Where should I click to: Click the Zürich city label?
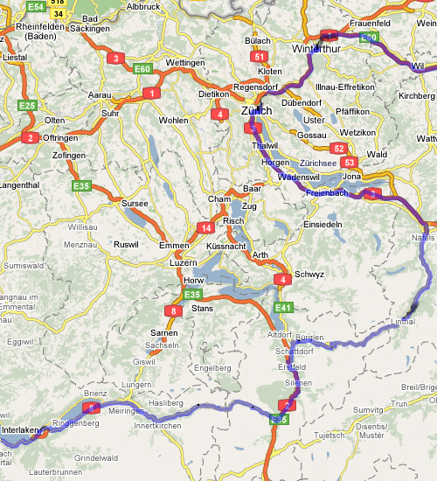(256, 111)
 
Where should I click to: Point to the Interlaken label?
(21, 430)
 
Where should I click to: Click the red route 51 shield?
(258, 57)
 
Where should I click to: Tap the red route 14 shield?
(206, 228)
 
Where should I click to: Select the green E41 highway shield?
(283, 308)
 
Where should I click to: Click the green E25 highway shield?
(27, 106)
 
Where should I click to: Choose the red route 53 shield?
(350, 162)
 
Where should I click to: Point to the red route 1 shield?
(153, 92)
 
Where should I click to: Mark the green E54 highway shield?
(35, 6)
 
